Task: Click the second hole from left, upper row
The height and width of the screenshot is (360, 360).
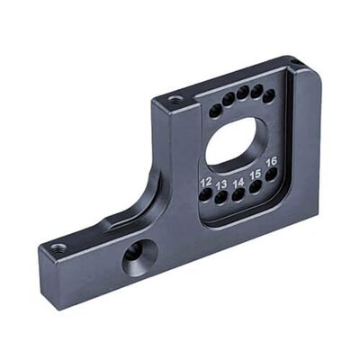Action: click(229, 101)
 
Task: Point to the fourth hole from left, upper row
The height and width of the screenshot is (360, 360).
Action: click(256, 92)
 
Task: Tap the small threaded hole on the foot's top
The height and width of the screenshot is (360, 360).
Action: click(59, 246)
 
